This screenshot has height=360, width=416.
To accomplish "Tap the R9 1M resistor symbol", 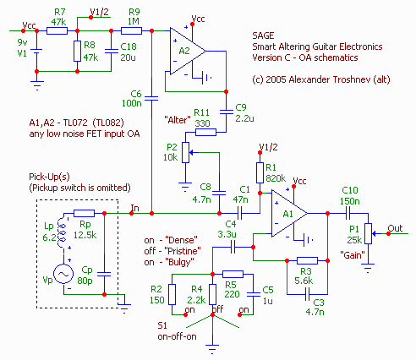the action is tap(131, 30).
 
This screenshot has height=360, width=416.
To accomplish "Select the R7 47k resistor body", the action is tap(57, 30).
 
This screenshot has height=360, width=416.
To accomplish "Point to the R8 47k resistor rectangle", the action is tap(78, 51).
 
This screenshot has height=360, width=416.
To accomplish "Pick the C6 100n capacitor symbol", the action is tap(151, 98).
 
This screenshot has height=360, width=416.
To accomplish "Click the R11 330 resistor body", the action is tap(205, 132).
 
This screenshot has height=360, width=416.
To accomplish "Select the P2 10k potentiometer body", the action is tap(185, 152).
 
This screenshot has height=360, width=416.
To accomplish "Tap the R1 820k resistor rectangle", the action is tap(260, 172).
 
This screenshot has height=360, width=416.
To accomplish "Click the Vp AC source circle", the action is tap(63, 274).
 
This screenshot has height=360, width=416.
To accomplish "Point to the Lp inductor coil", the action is tap(62, 232).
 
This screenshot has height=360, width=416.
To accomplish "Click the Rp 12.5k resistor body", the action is tap(84, 213).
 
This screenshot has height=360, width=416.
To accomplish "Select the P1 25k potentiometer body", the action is tap(368, 233).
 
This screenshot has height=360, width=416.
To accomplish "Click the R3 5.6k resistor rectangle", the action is tap(307, 260).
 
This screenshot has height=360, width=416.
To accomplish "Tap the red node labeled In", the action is tap(131, 213).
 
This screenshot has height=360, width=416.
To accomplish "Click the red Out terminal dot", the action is tap(388, 233).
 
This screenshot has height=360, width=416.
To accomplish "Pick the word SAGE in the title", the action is tap(263, 35).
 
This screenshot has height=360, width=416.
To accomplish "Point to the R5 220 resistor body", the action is tap(233, 274).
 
